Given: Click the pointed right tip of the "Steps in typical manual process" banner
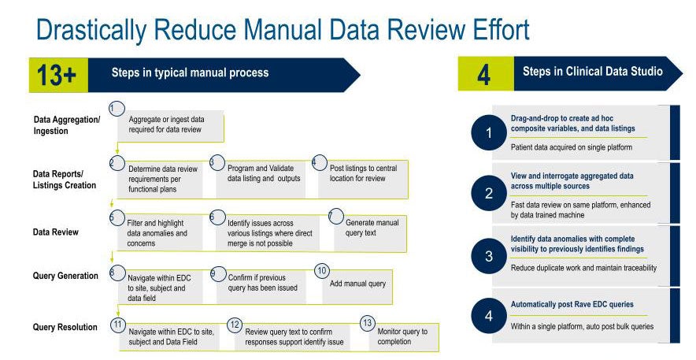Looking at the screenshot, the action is click(360, 75).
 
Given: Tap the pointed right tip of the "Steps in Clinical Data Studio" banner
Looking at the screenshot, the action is click(683, 74).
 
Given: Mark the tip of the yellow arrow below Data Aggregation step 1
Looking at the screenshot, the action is click(117, 154).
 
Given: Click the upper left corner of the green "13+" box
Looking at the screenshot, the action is click(29, 58).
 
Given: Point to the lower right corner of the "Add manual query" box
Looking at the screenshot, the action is click(392, 304).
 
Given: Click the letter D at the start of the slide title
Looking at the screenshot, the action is click(45, 31).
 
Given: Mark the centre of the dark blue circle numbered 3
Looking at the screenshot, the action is click(489, 256).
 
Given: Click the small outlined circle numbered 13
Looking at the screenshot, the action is click(367, 323).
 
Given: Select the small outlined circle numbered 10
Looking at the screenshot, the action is click(322, 271).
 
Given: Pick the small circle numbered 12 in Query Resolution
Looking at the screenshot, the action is click(235, 325).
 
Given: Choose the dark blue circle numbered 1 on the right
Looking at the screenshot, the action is click(489, 132).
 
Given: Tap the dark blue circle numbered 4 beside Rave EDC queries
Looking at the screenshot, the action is click(489, 316).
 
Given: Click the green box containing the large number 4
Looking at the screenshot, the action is click(486, 74).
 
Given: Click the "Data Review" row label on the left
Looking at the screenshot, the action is click(55, 232).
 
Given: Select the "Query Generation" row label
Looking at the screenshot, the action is click(65, 276).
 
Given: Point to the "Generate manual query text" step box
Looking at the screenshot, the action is click(370, 233).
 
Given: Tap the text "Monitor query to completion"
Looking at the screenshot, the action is click(402, 336).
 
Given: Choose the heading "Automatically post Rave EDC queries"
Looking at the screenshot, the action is click(572, 305).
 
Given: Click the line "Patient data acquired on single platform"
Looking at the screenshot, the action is click(572, 147).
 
